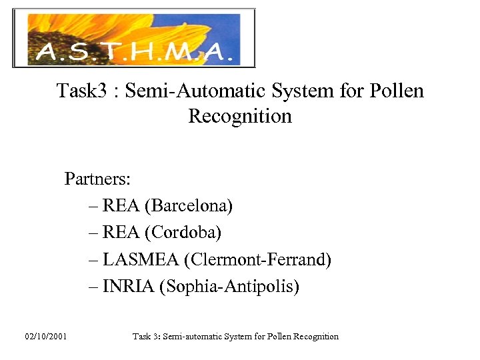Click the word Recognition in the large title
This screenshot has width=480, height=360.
(x=240, y=116)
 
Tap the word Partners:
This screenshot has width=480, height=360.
(x=97, y=179)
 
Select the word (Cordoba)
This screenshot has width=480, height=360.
(x=186, y=233)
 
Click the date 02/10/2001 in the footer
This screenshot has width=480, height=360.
(x=46, y=337)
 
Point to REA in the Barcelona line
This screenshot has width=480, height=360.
(x=121, y=206)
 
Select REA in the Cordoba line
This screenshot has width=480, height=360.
(x=121, y=233)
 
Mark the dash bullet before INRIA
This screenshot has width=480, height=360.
(x=93, y=287)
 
